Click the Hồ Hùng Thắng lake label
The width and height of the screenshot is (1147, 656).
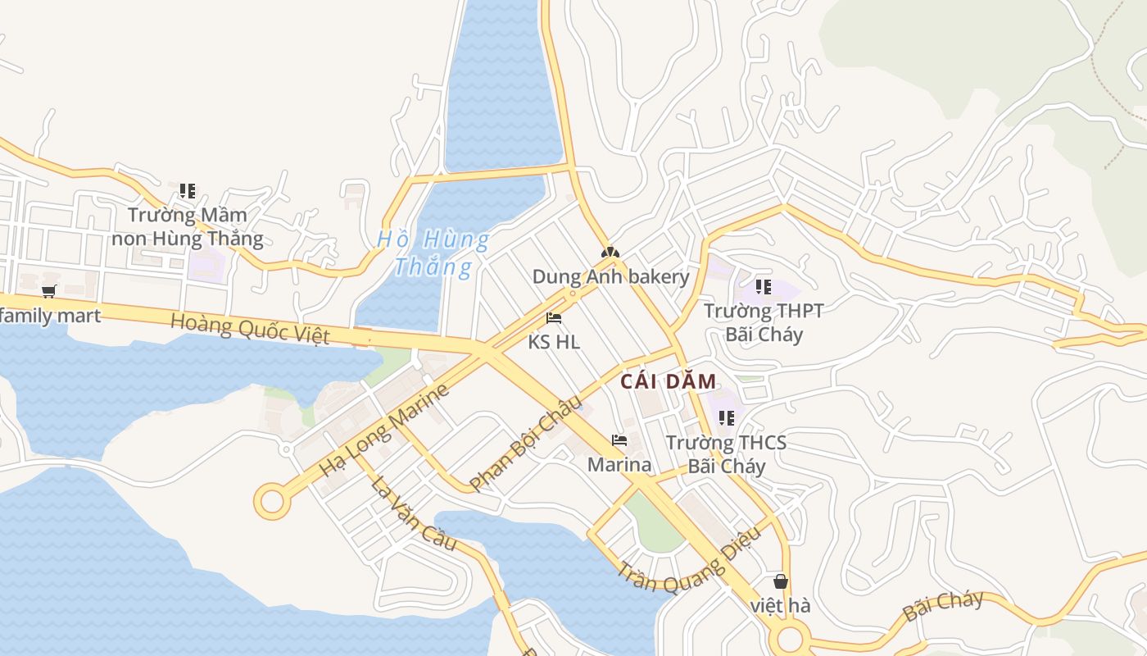(x=433, y=253)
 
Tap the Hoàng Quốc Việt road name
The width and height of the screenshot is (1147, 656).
(x=250, y=328)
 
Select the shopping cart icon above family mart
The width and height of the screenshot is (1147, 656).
(x=49, y=291)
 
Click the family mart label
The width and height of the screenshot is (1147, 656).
(x=51, y=316)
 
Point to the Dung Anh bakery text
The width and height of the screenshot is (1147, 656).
(x=610, y=276)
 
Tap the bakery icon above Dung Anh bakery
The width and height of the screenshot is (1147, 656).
(x=610, y=253)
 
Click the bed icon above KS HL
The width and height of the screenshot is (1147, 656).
(x=554, y=318)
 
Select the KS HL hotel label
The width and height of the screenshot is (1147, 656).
(x=554, y=342)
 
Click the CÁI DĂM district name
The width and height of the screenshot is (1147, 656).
(x=668, y=381)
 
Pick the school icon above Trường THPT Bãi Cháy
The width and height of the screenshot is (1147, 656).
(x=764, y=287)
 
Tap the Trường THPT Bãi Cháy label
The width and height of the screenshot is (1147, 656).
(x=764, y=322)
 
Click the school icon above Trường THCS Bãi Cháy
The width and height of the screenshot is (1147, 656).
(x=726, y=418)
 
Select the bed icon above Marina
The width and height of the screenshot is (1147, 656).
(x=619, y=440)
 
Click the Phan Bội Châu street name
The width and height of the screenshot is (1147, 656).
(x=525, y=442)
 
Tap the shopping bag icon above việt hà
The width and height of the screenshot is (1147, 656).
(x=781, y=581)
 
